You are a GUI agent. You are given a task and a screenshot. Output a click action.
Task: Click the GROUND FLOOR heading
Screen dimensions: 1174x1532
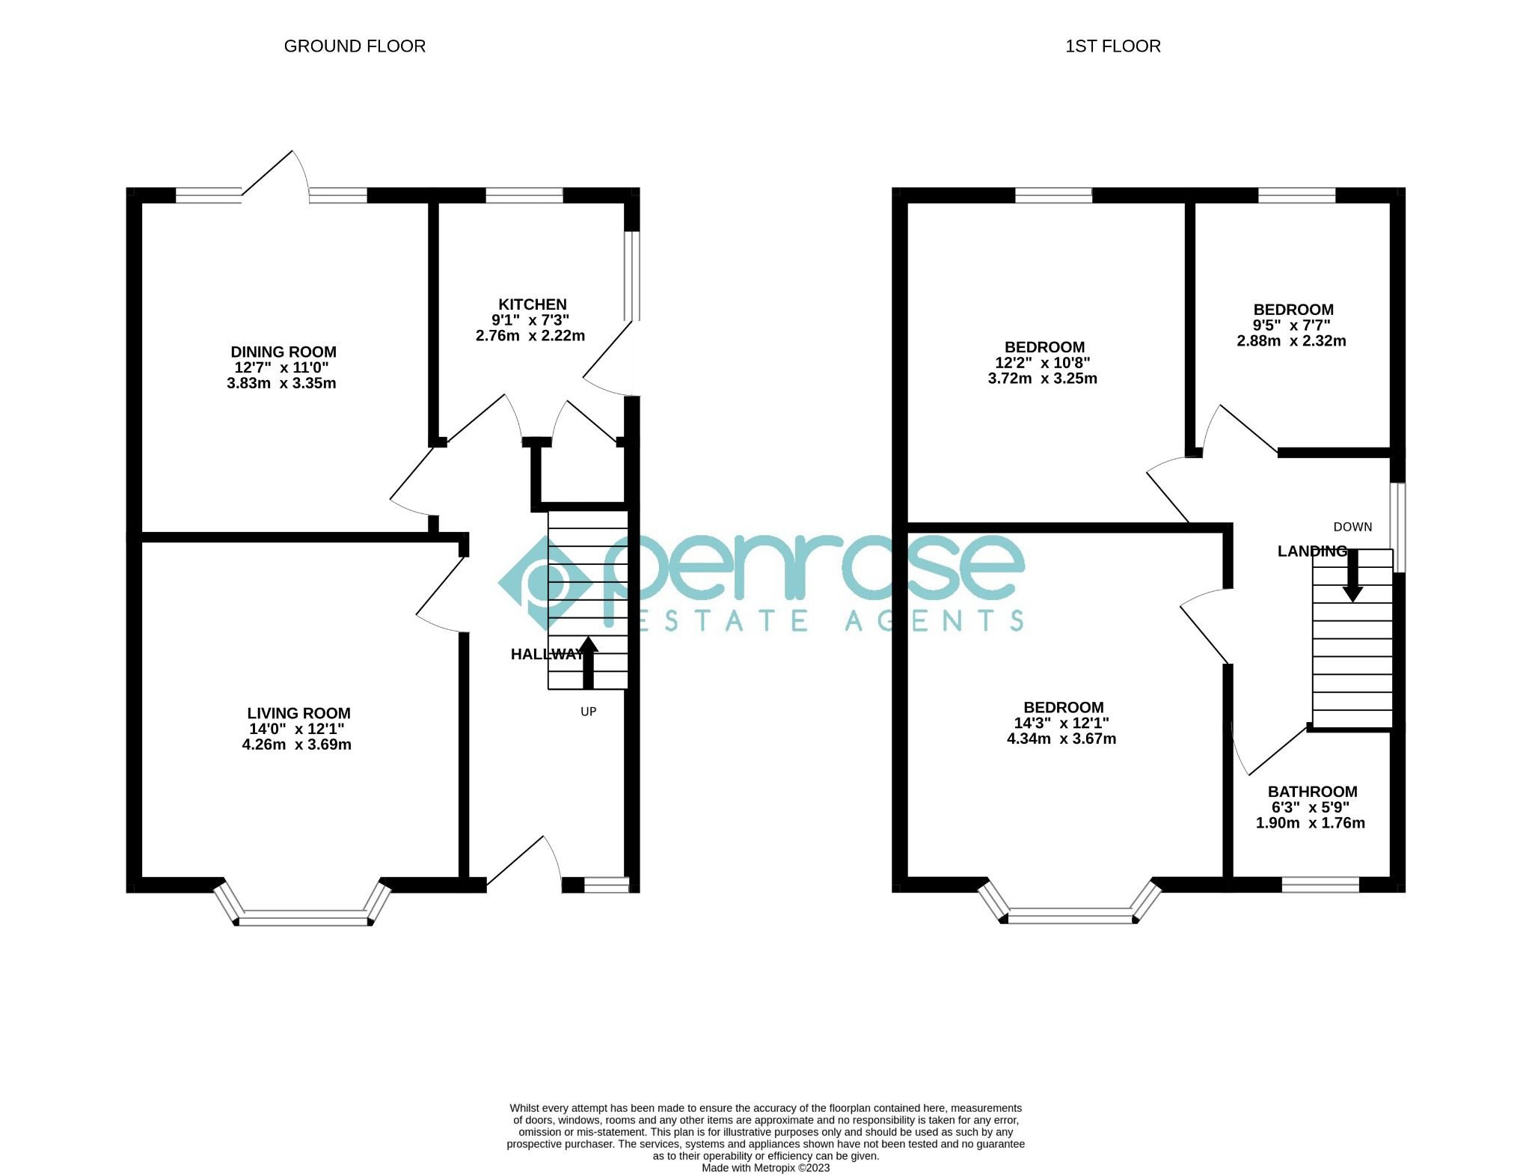355,46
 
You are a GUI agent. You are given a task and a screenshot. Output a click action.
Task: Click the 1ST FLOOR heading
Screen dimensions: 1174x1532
1112,46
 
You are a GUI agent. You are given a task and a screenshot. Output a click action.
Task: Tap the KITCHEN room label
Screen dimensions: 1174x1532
533,305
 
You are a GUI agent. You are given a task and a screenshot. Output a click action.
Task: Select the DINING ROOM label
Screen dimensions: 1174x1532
284,352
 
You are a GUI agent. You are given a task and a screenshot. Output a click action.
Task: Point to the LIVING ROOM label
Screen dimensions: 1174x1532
298,713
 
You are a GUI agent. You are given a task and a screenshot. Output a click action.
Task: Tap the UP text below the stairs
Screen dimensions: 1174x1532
589,712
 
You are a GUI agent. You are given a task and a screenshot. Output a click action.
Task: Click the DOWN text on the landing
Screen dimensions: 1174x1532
1352,527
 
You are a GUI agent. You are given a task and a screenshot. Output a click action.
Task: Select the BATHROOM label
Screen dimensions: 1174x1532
1312,792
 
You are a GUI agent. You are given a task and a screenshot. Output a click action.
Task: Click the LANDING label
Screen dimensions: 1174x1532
1311,551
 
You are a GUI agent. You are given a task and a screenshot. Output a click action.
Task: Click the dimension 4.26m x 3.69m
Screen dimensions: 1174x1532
297,745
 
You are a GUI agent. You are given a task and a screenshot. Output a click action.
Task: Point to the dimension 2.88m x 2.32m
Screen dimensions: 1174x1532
1291,341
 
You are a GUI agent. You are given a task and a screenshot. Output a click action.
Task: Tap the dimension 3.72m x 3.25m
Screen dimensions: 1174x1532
1042,379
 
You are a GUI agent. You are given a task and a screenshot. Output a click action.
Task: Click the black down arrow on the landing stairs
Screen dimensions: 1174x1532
1352,577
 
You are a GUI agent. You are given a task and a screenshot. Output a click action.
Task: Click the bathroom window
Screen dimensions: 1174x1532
1320,884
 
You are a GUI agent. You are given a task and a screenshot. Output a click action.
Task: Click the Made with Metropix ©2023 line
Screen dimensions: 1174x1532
765,1168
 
